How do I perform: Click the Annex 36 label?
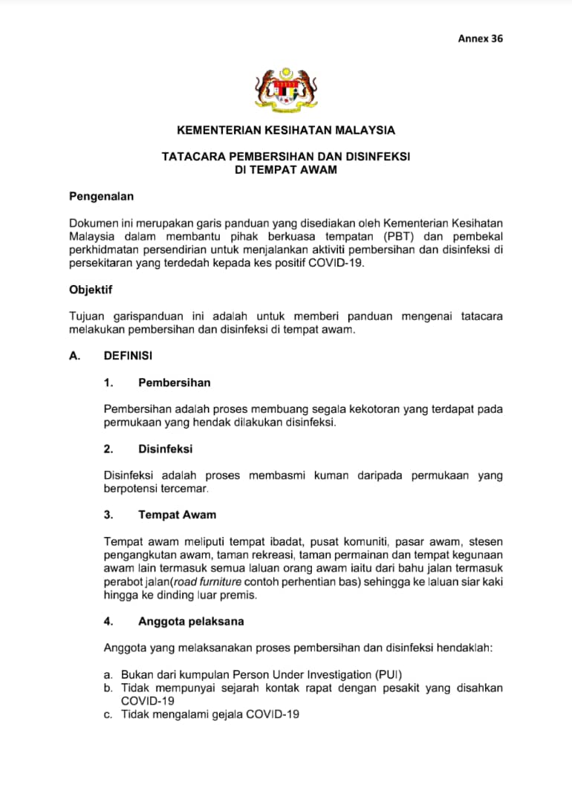click(480, 38)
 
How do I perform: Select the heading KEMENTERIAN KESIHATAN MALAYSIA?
click(286, 130)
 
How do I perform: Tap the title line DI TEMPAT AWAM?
click(286, 170)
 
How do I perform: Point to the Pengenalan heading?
click(101, 197)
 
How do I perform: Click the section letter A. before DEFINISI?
click(74, 356)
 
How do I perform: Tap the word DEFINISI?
click(128, 356)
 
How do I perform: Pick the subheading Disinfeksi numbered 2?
click(165, 449)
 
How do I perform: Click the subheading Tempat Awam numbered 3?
click(177, 514)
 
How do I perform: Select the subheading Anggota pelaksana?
click(191, 621)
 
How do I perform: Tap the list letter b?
click(108, 688)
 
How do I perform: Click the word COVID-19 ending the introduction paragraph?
click(339, 264)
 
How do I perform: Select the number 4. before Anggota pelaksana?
click(108, 621)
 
